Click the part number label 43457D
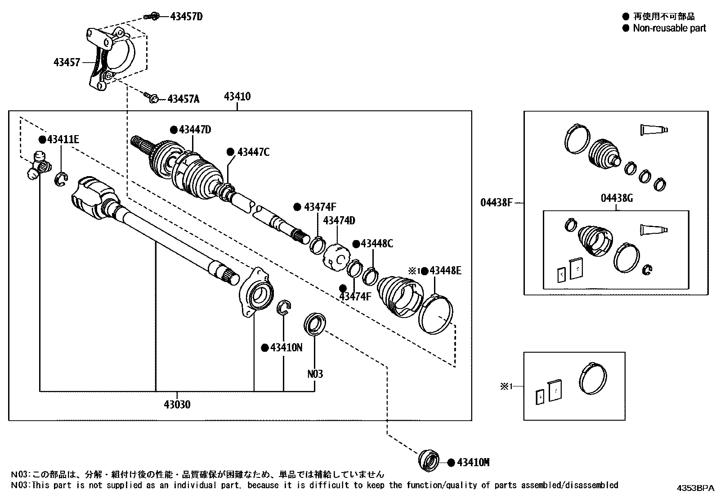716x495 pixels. pos(186,17)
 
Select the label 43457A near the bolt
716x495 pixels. pos(183,99)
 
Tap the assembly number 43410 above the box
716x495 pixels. pos(237,96)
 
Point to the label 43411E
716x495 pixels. pos(63,140)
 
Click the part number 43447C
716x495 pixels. pos(253,152)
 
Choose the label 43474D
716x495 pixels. pos(339,221)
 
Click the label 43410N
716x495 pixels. pos(286,348)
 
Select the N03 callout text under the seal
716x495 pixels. pos(315,374)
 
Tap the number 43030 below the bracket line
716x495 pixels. pos(177,404)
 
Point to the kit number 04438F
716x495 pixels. pos(497,203)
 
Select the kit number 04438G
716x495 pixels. pos(617,198)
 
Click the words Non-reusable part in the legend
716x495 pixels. pos(669,28)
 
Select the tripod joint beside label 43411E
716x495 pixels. pos(38,166)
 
